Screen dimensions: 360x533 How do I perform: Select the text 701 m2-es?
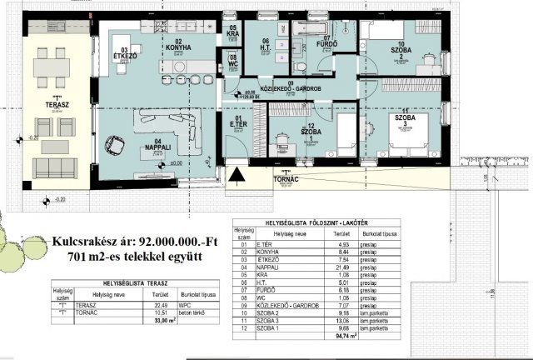[x=92, y=255]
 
